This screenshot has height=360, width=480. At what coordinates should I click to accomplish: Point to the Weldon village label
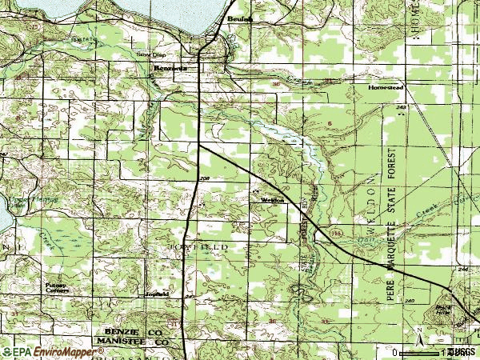click(x=273, y=200)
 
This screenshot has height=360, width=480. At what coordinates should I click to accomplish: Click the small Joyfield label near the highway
click(x=156, y=294)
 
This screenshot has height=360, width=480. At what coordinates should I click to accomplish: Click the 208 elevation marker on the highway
click(x=204, y=178)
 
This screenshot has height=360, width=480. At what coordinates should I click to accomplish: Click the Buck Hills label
click(x=442, y=308)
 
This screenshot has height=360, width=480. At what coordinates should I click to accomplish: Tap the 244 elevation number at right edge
click(x=463, y=270)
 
